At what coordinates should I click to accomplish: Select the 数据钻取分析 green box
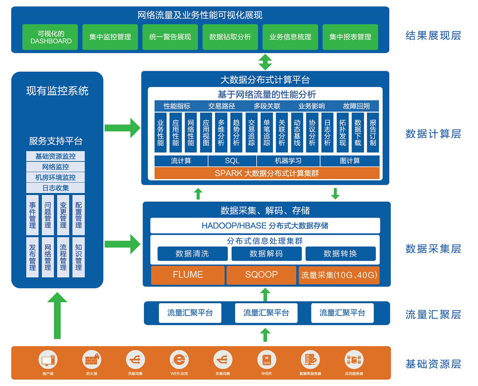(230, 37)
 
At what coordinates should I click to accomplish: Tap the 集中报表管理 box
(350, 37)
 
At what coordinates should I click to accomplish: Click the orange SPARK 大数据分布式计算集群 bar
(266, 173)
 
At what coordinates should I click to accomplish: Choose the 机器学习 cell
(288, 161)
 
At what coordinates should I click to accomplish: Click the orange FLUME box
(188, 275)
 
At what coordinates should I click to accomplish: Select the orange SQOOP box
(261, 275)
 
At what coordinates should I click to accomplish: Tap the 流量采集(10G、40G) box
(339, 275)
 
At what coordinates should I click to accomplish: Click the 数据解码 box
(266, 253)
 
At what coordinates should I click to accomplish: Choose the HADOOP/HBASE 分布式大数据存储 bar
(265, 226)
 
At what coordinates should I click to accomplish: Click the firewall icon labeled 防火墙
(92, 359)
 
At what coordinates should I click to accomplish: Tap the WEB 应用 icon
(179, 359)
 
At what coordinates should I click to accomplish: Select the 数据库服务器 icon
(310, 359)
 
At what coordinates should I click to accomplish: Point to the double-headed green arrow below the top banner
(265, 62)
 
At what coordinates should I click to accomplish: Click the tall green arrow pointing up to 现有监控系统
(57, 316)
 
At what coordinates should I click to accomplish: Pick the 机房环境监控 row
(55, 177)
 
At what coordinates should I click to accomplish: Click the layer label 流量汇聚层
(433, 315)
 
